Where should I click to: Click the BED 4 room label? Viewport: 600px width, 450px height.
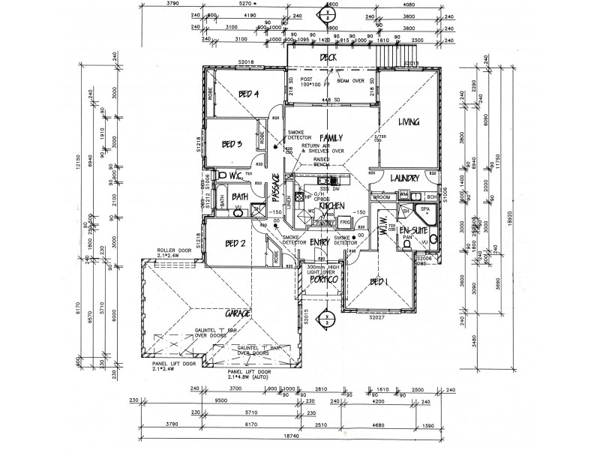point(248,94)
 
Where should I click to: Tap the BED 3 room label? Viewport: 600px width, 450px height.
point(232,144)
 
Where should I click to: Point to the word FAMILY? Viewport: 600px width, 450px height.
point(331,138)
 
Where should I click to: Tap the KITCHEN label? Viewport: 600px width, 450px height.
point(331,205)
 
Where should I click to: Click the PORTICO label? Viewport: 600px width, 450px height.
point(326,279)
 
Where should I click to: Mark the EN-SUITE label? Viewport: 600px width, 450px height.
point(413,229)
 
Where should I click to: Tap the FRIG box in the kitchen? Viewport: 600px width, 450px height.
point(345,223)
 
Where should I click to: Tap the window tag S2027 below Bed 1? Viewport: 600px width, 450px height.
point(376,317)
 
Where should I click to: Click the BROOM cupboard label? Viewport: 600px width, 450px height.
point(381,196)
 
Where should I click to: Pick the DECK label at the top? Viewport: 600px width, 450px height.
point(327,57)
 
